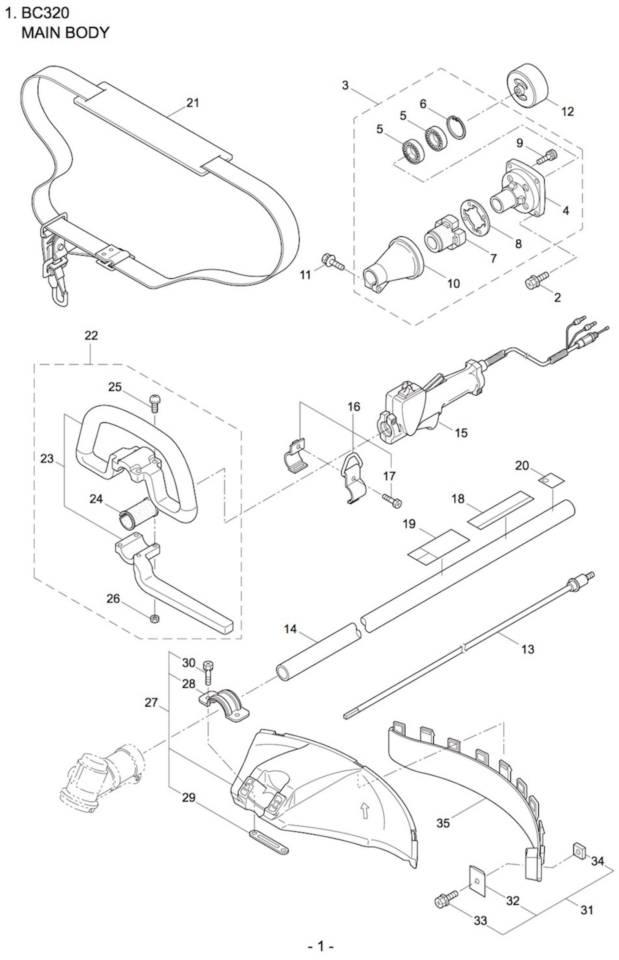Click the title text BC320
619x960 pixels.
[x=45, y=13]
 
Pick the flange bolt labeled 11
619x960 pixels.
[x=333, y=262]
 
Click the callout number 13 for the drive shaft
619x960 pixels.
[x=527, y=648]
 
